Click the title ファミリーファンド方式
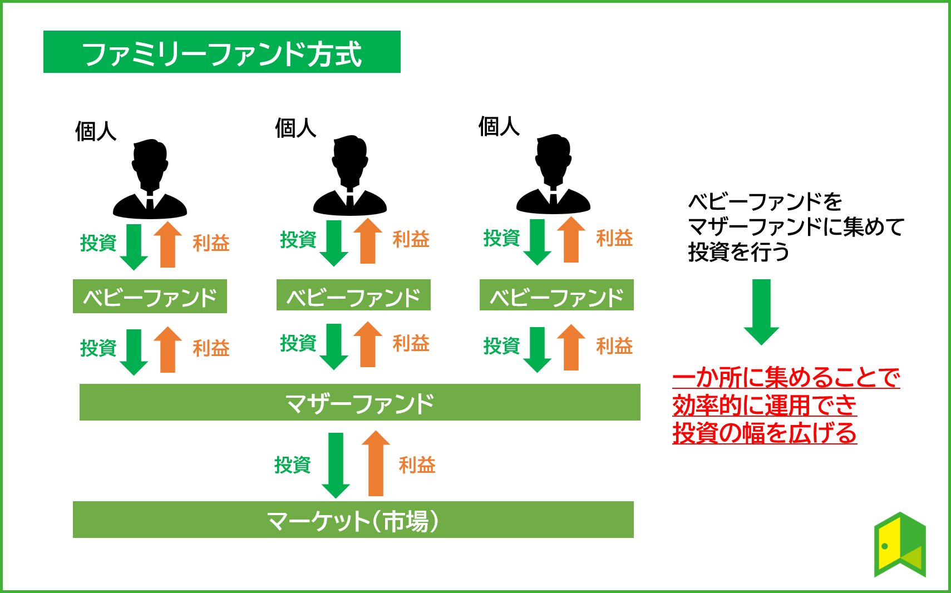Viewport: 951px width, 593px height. (221, 52)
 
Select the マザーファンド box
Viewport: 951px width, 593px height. (359, 402)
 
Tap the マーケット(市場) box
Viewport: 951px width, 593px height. (353, 520)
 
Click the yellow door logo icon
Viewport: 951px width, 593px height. (900, 545)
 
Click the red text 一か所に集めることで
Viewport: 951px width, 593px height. (786, 378)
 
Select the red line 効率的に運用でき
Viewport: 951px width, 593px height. (764, 406)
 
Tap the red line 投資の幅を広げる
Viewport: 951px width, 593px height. (764, 433)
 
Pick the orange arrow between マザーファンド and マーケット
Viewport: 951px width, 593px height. (376, 463)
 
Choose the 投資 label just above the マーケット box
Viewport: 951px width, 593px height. (292, 465)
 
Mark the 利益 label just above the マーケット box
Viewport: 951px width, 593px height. (417, 465)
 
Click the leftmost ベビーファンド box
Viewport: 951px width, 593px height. (150, 296)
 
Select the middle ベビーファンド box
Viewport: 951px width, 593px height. (353, 295)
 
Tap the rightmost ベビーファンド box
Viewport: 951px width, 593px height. (556, 295)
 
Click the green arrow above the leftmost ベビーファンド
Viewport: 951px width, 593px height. (134, 247)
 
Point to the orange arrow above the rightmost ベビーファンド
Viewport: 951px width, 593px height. (571, 239)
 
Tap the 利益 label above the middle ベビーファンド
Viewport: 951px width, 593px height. (411, 239)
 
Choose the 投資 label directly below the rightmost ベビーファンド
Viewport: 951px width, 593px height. (501, 346)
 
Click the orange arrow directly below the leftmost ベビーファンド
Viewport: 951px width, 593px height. (167, 349)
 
